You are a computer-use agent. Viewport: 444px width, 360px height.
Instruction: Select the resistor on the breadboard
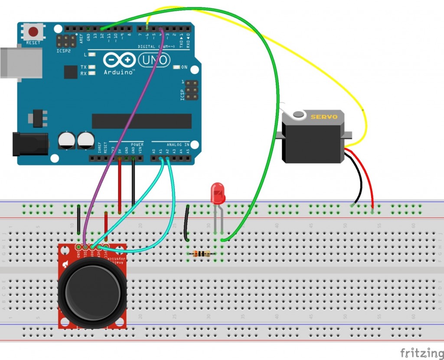click(x=201, y=254)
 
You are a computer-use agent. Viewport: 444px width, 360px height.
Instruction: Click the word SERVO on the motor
click(x=321, y=117)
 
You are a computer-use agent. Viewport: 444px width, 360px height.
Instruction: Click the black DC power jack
click(x=28, y=144)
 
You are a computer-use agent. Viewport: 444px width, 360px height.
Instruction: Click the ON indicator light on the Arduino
click(x=177, y=67)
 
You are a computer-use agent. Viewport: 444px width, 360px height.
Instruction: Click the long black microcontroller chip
click(x=141, y=121)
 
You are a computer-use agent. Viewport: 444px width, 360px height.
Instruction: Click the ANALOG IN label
click(x=178, y=144)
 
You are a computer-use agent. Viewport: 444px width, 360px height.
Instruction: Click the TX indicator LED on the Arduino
click(x=92, y=67)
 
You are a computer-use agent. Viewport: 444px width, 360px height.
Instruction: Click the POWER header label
click(x=137, y=144)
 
